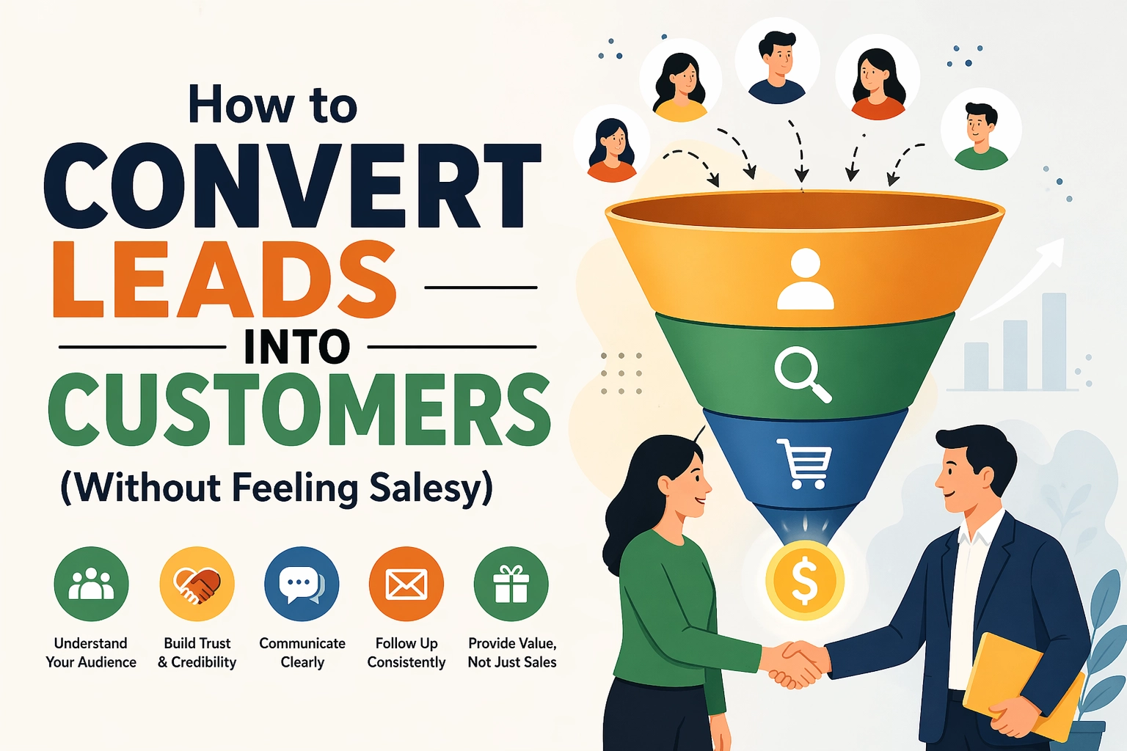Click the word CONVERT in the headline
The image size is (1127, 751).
pos(292,188)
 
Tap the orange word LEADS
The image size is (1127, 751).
pos(225,282)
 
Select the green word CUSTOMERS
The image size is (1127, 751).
pos(299,409)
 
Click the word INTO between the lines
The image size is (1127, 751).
pos(296,348)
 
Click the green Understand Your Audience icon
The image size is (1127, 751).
pos(91,584)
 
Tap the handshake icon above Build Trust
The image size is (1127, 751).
pos(197,584)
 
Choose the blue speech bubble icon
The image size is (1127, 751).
pos(302,584)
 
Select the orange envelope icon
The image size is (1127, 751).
pos(406,584)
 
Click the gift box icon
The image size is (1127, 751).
pos(511,584)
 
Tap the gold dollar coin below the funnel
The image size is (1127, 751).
pos(805,580)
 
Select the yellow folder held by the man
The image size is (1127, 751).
pos(1020,686)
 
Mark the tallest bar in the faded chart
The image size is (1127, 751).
pos(1054,340)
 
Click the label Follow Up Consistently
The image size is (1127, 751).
pos(406,653)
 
